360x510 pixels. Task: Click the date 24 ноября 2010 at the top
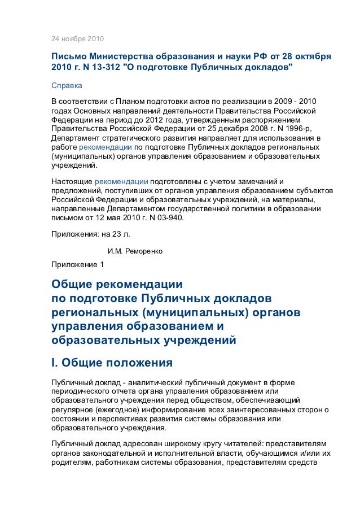(77, 40)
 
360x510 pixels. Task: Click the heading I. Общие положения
(112, 361)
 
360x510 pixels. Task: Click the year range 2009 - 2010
(302, 101)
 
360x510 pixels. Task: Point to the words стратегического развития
(141, 137)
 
